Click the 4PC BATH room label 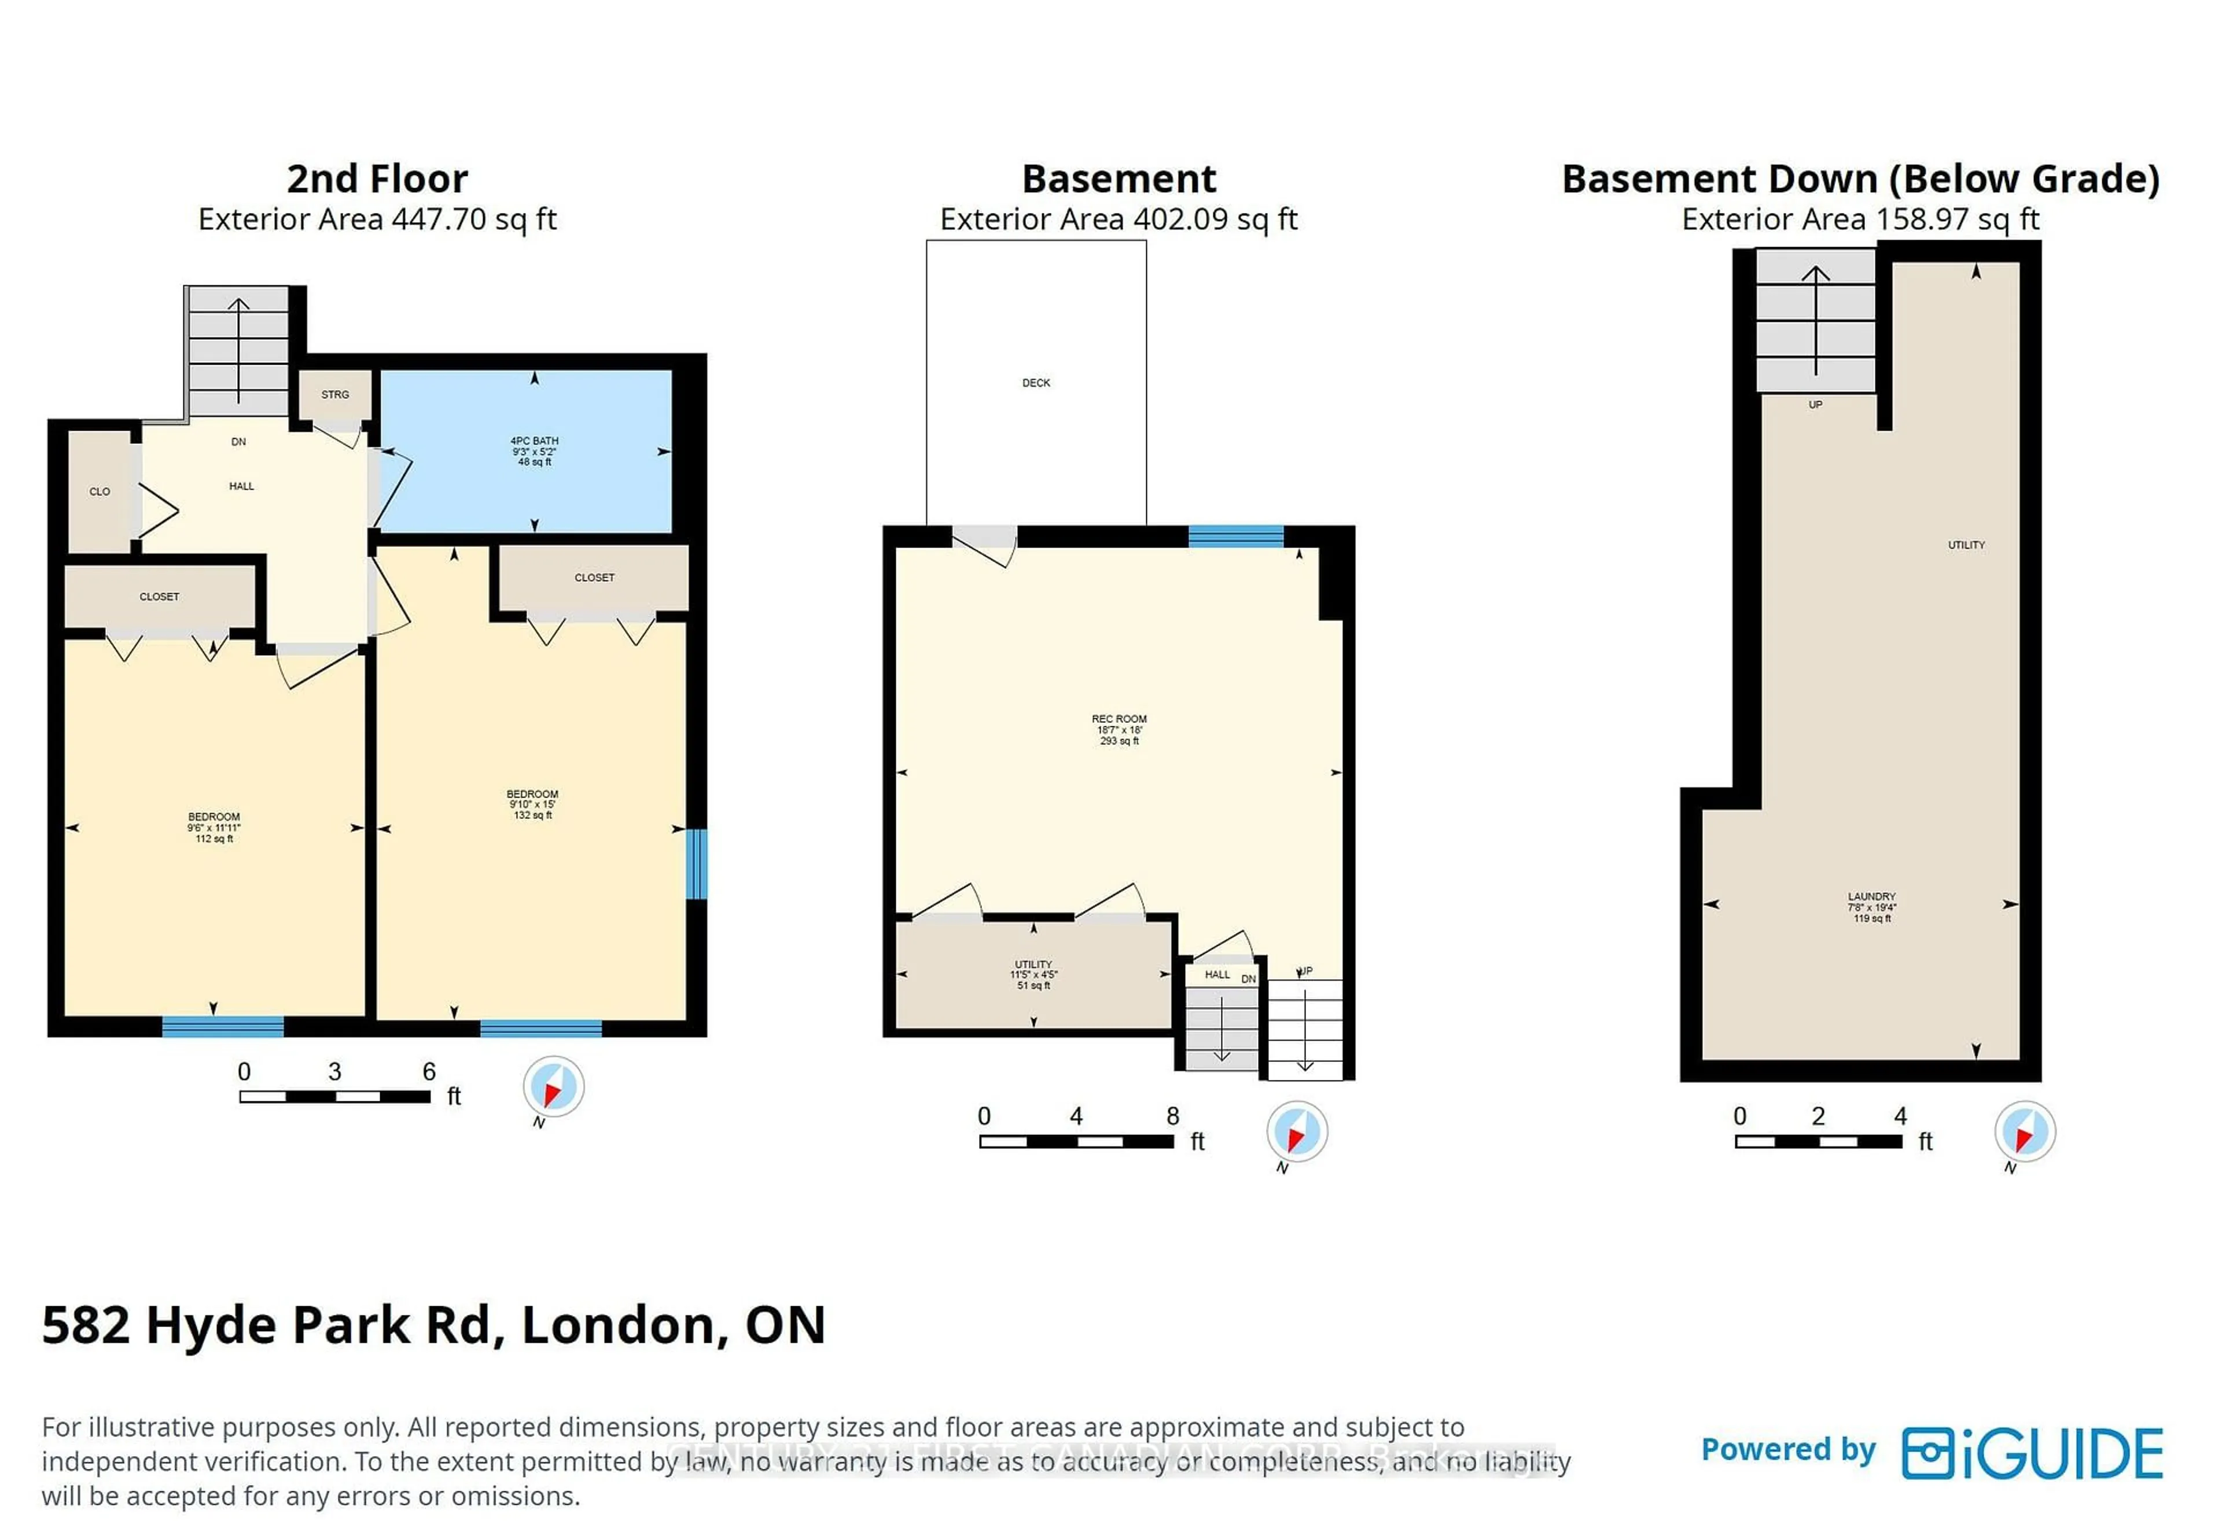tap(534, 450)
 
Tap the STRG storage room tap(335, 395)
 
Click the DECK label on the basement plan tap(1035, 383)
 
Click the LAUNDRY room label tap(1871, 906)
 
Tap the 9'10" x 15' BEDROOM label tap(532, 804)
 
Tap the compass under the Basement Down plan tap(2025, 1132)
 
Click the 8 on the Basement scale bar tap(1172, 1116)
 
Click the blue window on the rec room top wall tap(1235, 536)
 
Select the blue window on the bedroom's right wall tap(697, 863)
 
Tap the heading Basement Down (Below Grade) tap(1860, 179)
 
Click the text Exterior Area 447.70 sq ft tap(377, 219)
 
